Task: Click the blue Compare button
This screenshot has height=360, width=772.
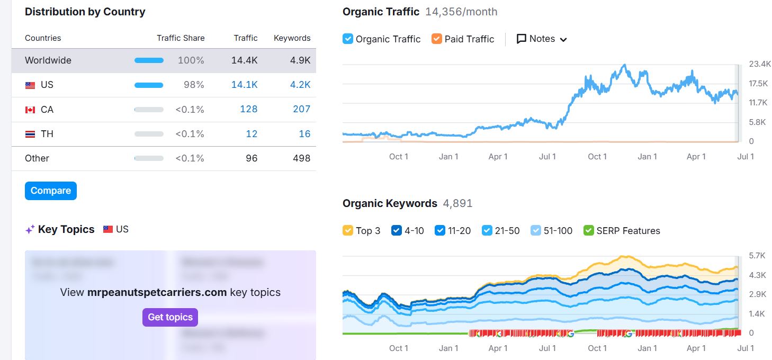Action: tap(51, 191)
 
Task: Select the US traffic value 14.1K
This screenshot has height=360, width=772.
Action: tap(244, 85)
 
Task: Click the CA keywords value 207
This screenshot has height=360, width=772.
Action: tap(301, 109)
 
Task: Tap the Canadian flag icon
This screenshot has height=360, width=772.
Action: tap(30, 110)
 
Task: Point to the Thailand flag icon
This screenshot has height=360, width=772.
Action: tap(30, 134)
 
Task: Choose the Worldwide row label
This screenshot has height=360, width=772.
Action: tap(48, 60)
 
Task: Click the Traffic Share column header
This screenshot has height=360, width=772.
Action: tap(181, 38)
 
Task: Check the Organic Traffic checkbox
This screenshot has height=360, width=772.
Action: tap(348, 39)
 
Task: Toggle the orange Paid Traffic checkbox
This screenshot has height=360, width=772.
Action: tap(437, 39)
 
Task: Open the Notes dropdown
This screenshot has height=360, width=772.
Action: tap(542, 39)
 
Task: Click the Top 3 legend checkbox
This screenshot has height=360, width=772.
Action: tap(348, 230)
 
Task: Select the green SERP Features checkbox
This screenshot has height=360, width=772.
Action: tap(588, 230)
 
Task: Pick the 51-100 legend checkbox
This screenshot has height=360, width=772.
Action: tap(536, 230)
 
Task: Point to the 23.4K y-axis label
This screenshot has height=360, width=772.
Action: tap(760, 64)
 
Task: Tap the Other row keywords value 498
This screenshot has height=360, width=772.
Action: tap(301, 158)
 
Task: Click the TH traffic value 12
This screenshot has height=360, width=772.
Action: tap(252, 134)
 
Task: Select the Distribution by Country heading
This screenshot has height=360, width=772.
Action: tap(85, 12)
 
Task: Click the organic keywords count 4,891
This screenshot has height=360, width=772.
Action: tap(457, 203)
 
